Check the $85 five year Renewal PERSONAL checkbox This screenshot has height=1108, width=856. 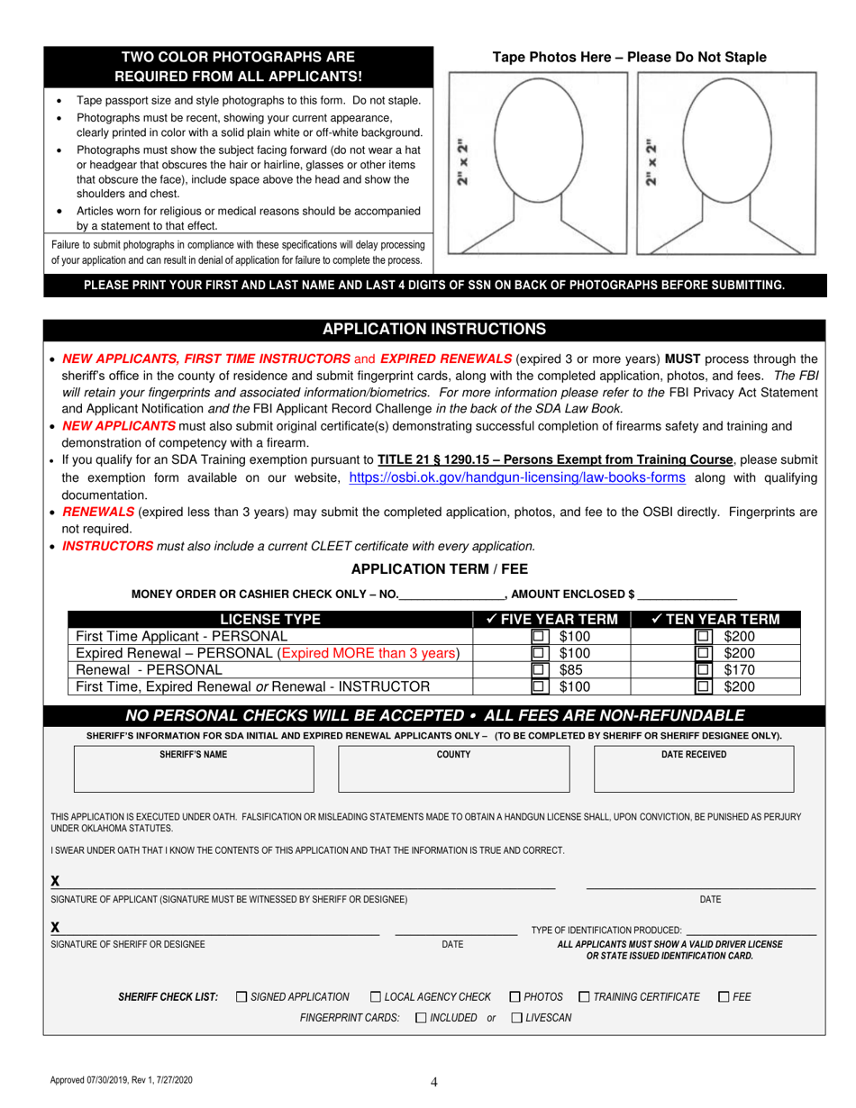(x=539, y=669)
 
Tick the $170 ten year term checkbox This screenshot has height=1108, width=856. (x=703, y=669)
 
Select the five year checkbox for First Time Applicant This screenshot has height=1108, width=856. (x=539, y=637)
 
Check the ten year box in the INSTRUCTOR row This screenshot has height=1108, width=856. (x=703, y=686)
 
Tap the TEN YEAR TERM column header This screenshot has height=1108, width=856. (x=714, y=620)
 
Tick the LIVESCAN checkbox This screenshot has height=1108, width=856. (x=516, y=1018)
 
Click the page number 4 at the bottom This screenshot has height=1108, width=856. (x=434, y=1084)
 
